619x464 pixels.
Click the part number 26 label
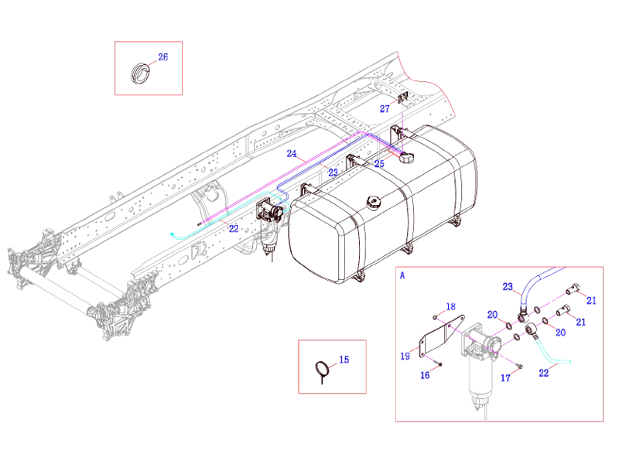click(163, 57)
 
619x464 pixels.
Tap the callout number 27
click(385, 109)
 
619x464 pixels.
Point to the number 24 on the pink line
click(292, 153)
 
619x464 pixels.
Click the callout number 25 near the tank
click(379, 164)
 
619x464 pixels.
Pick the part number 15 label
click(344, 359)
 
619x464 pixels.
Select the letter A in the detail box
click(402, 275)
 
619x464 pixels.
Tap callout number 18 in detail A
click(451, 306)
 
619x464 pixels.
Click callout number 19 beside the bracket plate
click(405, 356)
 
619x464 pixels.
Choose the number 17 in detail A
click(505, 378)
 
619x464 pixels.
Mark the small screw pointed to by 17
click(521, 366)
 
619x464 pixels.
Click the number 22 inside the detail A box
click(543, 372)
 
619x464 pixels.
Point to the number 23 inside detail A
click(508, 286)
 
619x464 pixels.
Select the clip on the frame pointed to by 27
click(403, 99)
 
